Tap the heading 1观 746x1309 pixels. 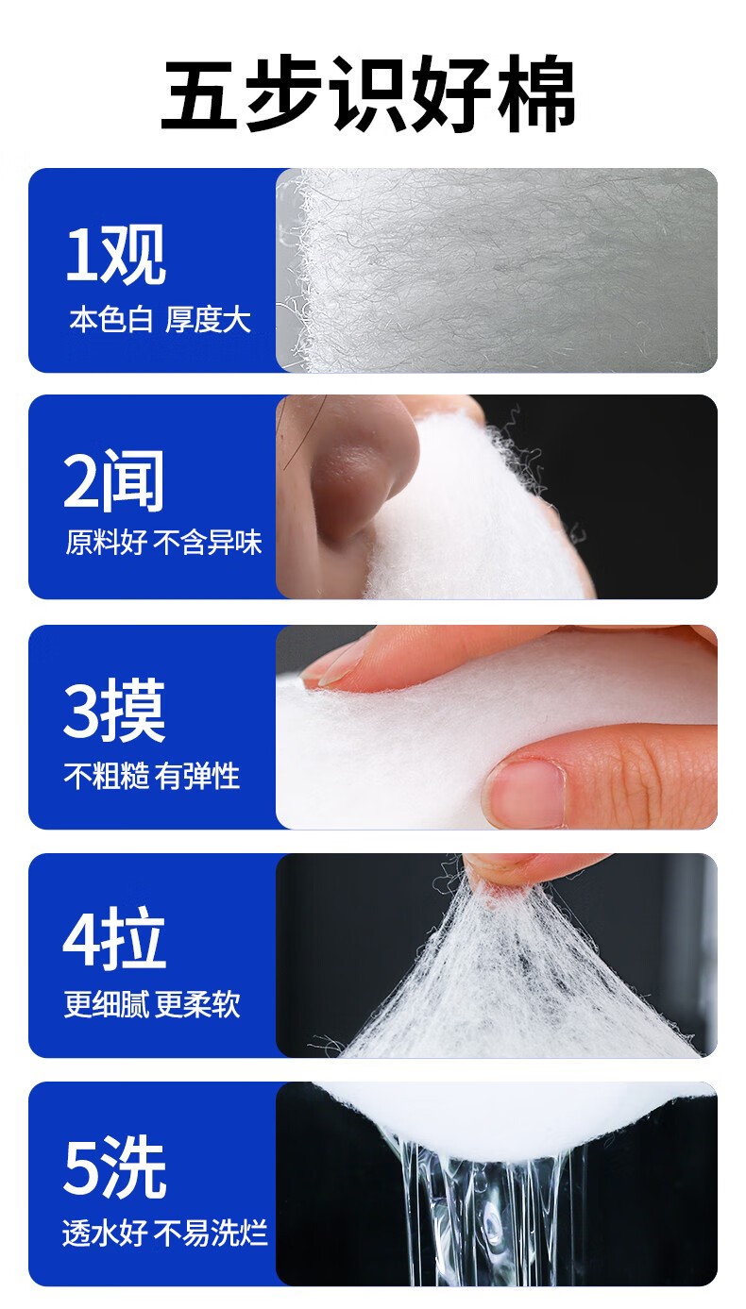pyautogui.click(x=115, y=255)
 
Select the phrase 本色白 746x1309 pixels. pyautogui.click(x=110, y=320)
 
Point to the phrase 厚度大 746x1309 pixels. pyautogui.click(x=209, y=320)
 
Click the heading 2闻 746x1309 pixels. pyautogui.click(x=114, y=481)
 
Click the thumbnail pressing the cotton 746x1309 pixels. pyautogui.click(x=525, y=792)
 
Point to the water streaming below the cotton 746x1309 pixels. pyautogui.click(x=491, y=1227)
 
